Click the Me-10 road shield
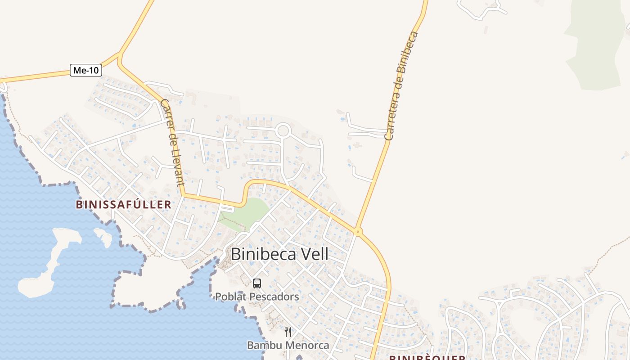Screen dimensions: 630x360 point(86,70)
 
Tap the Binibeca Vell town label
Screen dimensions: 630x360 point(279,254)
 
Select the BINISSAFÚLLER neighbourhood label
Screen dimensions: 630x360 point(123,205)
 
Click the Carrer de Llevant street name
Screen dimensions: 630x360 point(173,142)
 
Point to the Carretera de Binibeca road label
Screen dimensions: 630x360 point(401,85)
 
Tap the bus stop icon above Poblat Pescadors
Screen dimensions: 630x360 point(257,283)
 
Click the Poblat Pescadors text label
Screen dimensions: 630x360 point(257,297)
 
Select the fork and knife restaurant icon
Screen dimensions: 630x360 point(288,332)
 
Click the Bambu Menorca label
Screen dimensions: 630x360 point(288,346)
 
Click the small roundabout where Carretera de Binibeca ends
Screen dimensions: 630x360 point(358,232)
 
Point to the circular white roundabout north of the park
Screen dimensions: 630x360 point(283,131)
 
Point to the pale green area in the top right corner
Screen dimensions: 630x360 point(594,45)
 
